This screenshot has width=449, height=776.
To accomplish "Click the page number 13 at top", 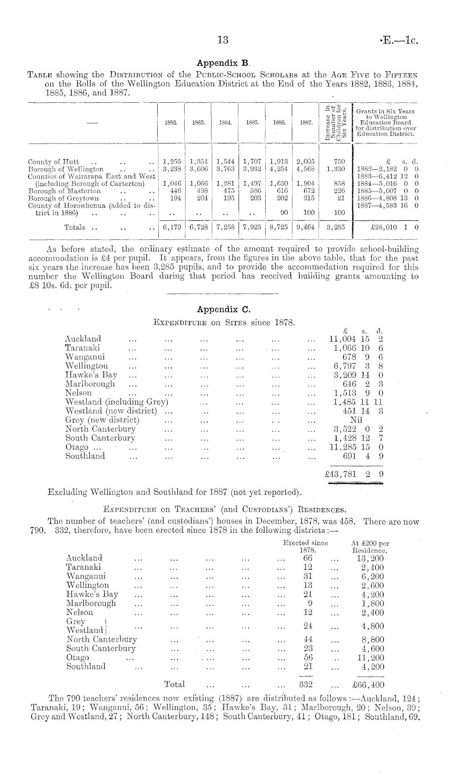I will click(x=223, y=40).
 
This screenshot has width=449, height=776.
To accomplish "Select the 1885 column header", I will click(x=252, y=124).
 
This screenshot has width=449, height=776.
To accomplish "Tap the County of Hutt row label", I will click(x=53, y=162).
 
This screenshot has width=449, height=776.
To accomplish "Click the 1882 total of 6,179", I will click(x=171, y=227).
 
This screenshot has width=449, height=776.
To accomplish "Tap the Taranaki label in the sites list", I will click(x=83, y=348).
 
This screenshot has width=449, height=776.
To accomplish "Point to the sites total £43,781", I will click(x=341, y=474).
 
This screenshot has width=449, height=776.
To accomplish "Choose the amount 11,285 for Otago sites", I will click(x=343, y=447).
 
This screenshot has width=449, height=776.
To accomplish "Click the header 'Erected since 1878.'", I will click(x=306, y=546).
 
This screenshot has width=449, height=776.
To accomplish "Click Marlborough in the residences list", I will click(x=91, y=603).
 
